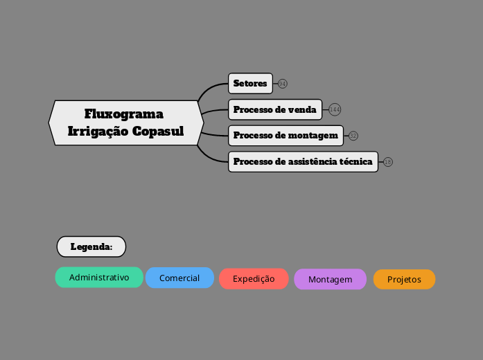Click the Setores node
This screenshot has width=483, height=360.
[x=250, y=84]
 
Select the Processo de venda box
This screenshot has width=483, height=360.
[x=275, y=109]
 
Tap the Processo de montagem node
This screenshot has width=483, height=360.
[x=286, y=135]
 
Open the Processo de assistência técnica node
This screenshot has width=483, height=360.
[x=303, y=161]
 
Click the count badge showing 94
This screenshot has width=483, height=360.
[x=283, y=84]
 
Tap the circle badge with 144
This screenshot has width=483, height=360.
[x=335, y=109]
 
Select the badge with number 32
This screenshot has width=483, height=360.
[x=353, y=136]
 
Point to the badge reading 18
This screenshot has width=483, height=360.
[x=388, y=162]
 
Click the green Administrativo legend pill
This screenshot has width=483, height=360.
[x=99, y=278]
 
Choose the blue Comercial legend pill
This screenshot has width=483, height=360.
[x=179, y=278]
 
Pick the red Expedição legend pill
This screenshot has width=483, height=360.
[x=254, y=279]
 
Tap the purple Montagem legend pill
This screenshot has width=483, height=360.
[x=330, y=280]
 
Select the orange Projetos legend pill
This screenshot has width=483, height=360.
[x=404, y=280]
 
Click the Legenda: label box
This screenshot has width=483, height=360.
[x=91, y=246]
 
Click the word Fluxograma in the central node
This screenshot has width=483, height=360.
[x=124, y=114]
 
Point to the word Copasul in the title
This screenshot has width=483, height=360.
[x=158, y=131]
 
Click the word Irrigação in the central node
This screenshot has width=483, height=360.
[x=98, y=131]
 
